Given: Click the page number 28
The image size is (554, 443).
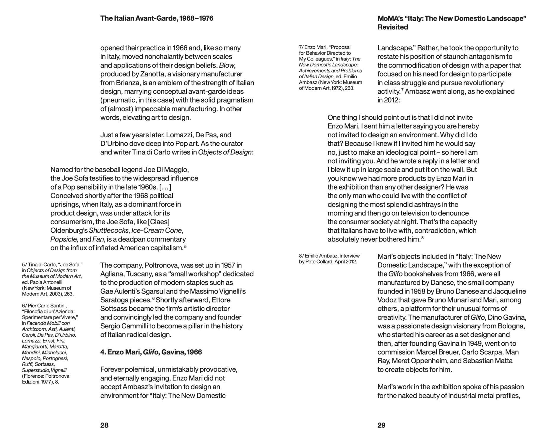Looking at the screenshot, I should tap(104, 425).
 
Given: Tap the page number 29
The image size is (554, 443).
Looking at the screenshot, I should tap(381, 425).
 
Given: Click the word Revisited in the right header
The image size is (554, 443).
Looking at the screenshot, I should tap(393, 27).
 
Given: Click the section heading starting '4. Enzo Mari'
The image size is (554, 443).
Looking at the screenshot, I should tap(151, 352).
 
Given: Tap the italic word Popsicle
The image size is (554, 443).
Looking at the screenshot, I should tap(64, 239).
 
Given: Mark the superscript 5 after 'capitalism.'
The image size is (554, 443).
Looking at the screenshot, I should tap(185, 246).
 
